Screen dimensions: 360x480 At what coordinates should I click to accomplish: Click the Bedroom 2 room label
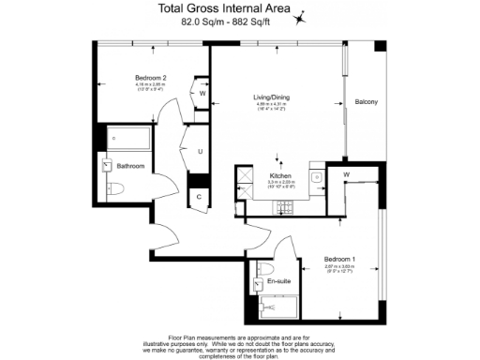pyautogui.click(x=125, y=77)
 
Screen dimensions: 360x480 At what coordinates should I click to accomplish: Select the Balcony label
pyautogui.click(x=366, y=102)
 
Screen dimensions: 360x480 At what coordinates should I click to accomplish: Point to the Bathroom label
pyautogui.click(x=130, y=166)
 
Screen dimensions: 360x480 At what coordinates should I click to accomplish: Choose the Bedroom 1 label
pyautogui.click(x=338, y=258)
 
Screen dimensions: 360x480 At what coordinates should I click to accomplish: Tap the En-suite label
pyautogui.click(x=277, y=282)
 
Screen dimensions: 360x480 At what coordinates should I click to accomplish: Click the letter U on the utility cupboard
pyautogui.click(x=200, y=151)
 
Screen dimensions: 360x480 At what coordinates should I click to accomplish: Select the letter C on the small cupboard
pyautogui.click(x=200, y=196)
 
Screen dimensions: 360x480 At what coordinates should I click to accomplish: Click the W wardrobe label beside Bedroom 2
pyautogui.click(x=202, y=93)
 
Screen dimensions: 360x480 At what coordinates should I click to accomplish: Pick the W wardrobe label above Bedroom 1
pyautogui.click(x=346, y=174)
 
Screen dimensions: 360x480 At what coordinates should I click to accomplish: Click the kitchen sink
pyautogui.click(x=317, y=175)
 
